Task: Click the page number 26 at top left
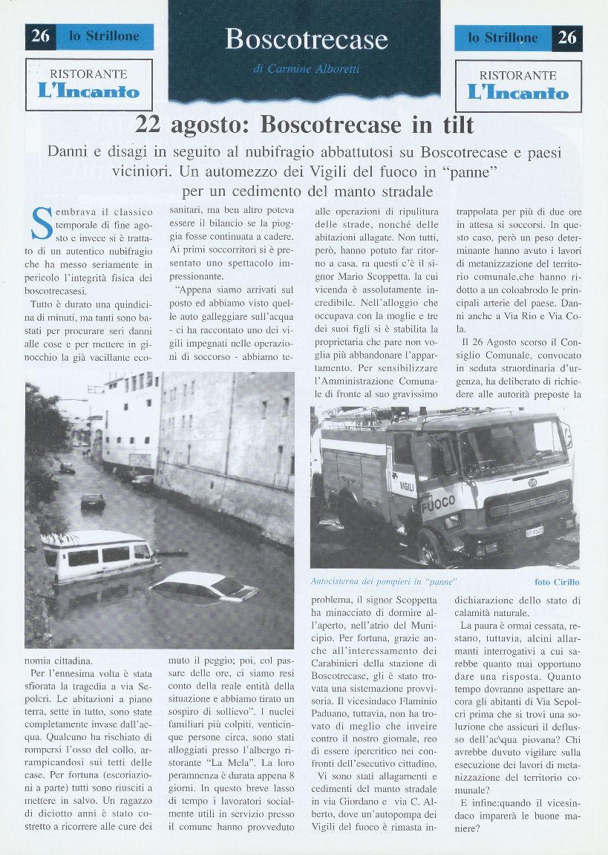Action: (41, 36)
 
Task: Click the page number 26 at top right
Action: (567, 37)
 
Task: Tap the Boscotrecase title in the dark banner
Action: (307, 39)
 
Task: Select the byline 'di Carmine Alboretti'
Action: (306, 69)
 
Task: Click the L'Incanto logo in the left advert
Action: (88, 92)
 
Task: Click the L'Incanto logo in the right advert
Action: (517, 93)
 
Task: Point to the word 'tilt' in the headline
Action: (447, 124)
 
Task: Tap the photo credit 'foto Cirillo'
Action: (557, 582)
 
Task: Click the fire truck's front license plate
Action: (535, 531)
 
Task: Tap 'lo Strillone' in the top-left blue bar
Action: (104, 36)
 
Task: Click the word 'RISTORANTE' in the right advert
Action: (517, 75)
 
